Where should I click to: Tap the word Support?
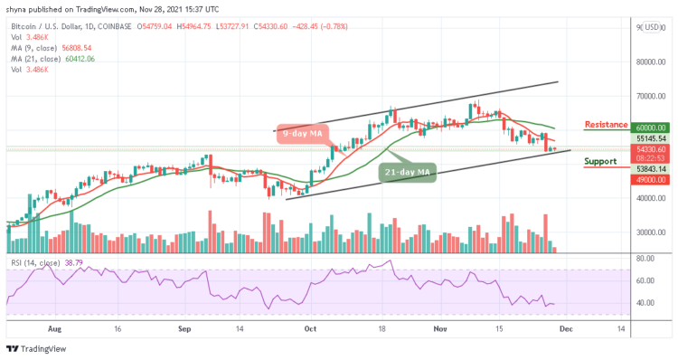pyautogui.click(x=601, y=162)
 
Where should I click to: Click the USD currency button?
pyautogui.click(x=650, y=27)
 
